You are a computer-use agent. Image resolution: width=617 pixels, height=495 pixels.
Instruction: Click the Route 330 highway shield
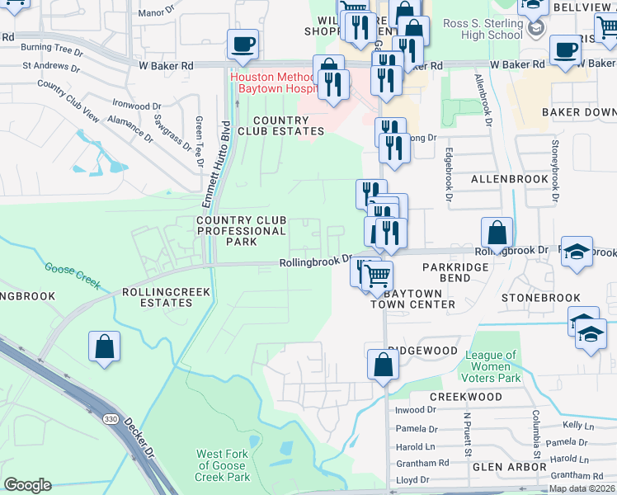coord(110,419)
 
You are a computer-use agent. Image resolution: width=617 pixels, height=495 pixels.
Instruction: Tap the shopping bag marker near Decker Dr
coord(105,347)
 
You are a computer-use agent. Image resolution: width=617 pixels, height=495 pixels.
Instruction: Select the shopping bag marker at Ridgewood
coord(383,365)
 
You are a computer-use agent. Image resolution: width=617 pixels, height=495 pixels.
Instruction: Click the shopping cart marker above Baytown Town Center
coord(377,274)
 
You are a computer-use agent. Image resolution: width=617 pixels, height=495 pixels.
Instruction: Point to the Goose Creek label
coord(73,276)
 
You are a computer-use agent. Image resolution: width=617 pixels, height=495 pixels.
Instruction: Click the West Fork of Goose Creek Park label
coord(224,465)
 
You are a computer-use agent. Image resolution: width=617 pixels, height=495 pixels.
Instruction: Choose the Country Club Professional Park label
coord(241,231)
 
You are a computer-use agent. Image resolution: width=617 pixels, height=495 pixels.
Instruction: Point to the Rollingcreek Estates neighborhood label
coord(157,297)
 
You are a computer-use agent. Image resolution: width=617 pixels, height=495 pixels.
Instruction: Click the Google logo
coord(27,485)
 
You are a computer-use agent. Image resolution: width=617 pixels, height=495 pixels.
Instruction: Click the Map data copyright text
coord(582,488)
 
